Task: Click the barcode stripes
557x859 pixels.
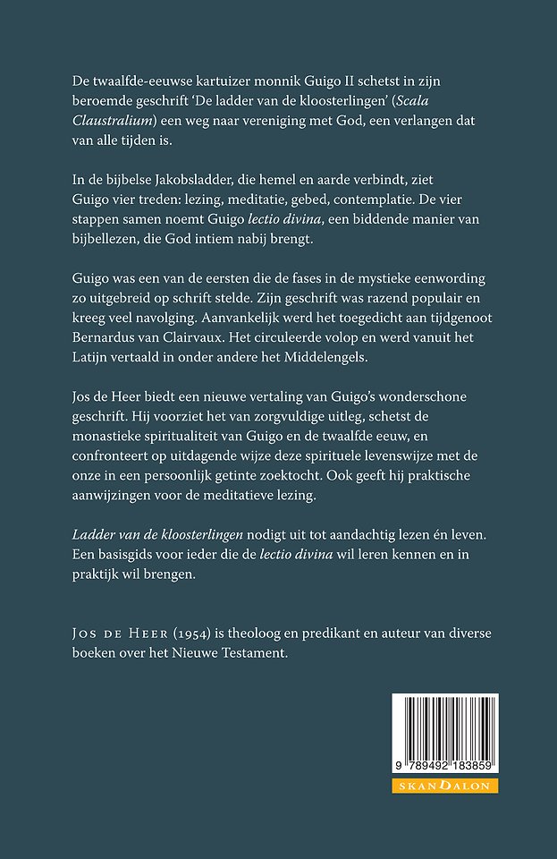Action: pyautogui.click(x=444, y=726)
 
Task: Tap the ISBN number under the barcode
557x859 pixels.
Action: pyautogui.click(x=445, y=768)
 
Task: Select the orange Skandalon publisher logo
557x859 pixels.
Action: pyautogui.click(x=445, y=786)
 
